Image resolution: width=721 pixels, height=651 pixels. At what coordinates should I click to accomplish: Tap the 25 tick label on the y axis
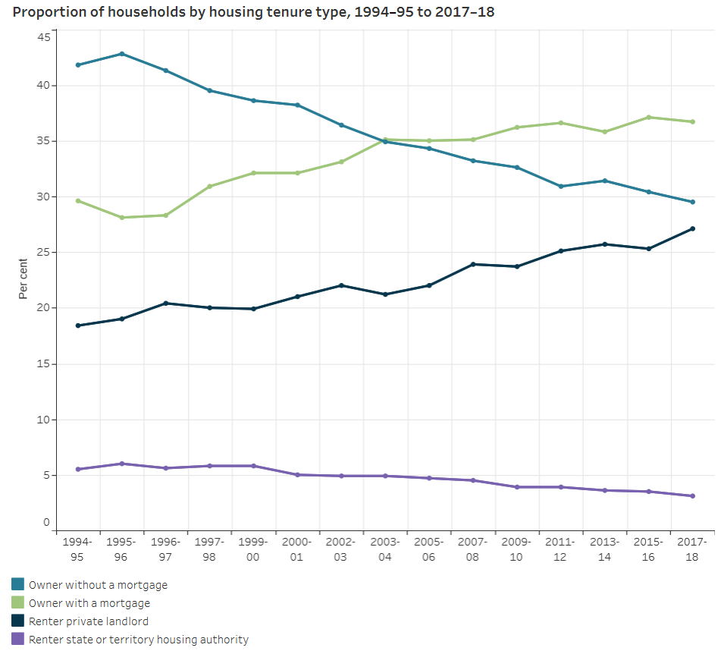pos(43,252)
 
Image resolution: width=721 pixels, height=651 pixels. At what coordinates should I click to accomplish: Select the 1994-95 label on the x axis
pos(78,549)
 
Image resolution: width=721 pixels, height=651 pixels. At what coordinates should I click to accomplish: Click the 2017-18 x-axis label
pos(692,549)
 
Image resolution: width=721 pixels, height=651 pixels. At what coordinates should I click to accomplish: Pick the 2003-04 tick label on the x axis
pos(385,549)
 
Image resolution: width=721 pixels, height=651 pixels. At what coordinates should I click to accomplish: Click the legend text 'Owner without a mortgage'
pos(98,585)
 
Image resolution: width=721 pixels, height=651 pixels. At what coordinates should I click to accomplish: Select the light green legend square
pos(17,603)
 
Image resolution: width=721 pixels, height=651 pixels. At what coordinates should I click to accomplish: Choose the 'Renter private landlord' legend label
pos(88,621)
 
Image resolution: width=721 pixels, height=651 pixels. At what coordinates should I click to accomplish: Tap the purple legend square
pos(17,640)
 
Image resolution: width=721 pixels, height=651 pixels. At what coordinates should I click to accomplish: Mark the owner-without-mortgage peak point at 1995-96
pos(122,54)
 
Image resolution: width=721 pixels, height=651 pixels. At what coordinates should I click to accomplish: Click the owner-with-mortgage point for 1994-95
pos(78,200)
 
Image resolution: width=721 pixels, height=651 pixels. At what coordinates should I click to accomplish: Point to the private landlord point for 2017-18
pos(692,228)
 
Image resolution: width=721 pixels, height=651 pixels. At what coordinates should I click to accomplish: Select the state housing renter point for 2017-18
pos(692,496)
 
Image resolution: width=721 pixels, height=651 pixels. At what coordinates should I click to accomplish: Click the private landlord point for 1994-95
pos(78,325)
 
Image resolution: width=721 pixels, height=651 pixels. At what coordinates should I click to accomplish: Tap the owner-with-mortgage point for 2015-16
pos(648,117)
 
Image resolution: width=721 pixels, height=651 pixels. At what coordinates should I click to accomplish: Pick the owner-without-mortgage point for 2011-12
pos(560,186)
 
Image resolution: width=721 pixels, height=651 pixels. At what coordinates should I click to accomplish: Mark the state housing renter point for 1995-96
pos(122,464)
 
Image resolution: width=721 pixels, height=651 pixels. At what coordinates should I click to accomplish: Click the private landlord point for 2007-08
pos(473,264)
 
